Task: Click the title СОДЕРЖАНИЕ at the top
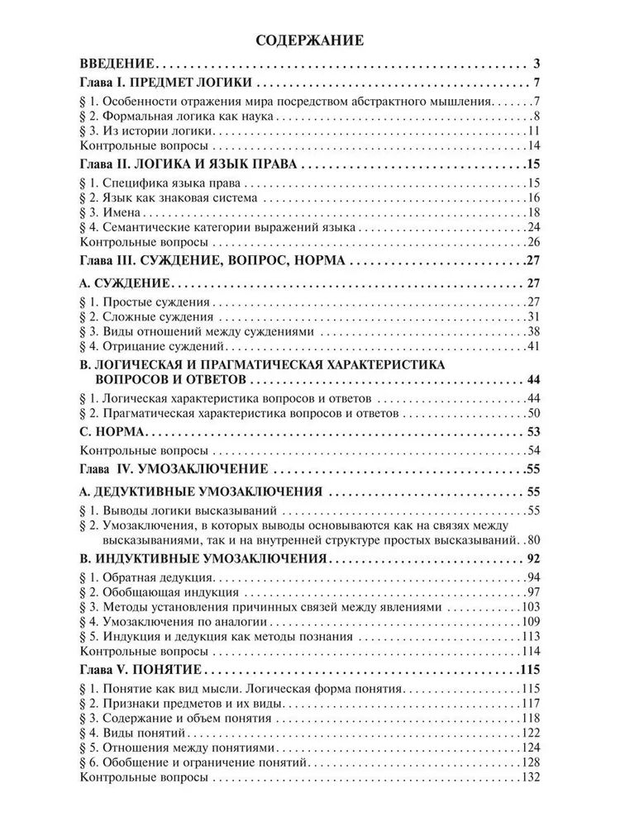309,40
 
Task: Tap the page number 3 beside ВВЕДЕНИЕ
537,64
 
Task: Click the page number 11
533,131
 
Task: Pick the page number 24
532,227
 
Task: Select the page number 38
532,330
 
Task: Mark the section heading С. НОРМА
112,431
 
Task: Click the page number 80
532,540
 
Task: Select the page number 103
530,606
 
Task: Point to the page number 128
530,762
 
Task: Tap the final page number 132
530,777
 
